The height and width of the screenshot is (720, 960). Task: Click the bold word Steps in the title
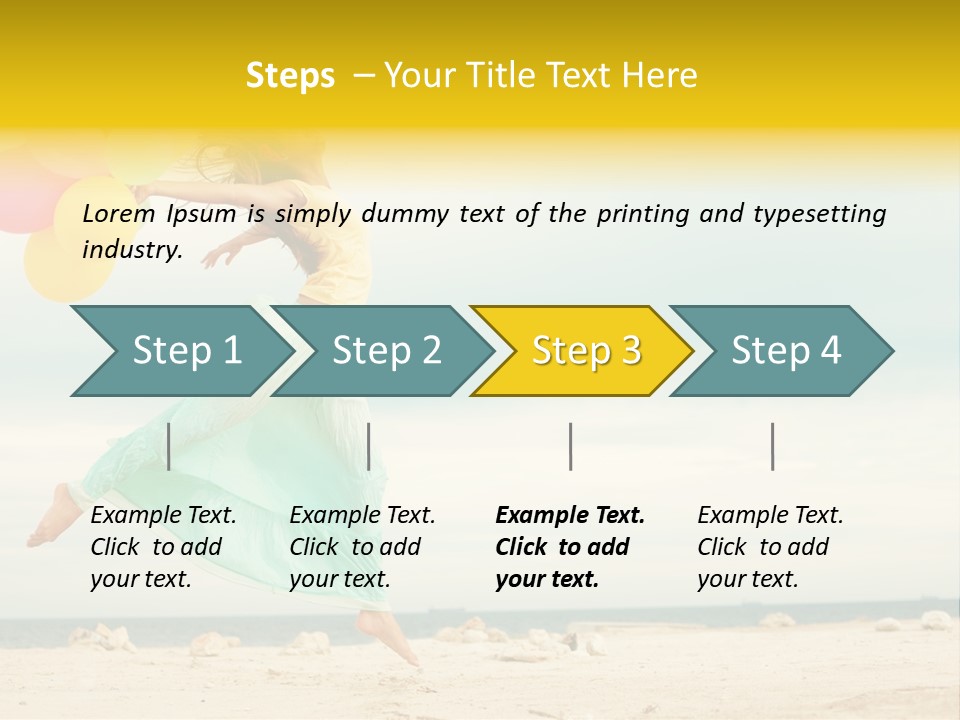click(x=290, y=76)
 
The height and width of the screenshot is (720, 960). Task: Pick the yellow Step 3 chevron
click(x=586, y=350)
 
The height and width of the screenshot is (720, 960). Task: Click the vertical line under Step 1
click(x=169, y=446)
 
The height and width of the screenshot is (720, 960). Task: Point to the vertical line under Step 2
click(x=369, y=446)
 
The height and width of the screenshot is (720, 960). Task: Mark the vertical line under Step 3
click(x=570, y=446)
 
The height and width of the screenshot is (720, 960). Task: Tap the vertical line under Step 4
click(x=773, y=446)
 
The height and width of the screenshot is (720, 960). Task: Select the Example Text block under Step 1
click(x=163, y=547)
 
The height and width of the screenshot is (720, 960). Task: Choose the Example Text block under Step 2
click(x=362, y=547)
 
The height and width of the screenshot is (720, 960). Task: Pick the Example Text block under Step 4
click(x=770, y=547)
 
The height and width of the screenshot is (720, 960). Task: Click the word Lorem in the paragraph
click(x=118, y=214)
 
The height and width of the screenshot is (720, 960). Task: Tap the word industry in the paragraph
click(x=131, y=250)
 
